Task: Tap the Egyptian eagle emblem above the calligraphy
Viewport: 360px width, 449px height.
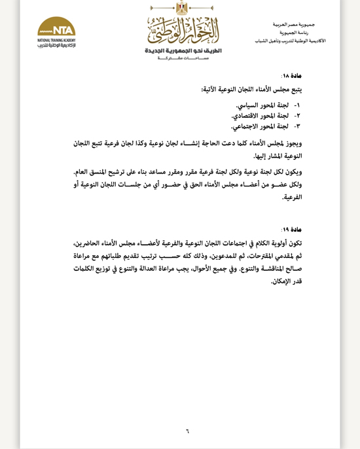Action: pyautogui.click(x=183, y=9)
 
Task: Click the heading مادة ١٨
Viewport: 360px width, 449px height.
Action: pyautogui.click(x=292, y=76)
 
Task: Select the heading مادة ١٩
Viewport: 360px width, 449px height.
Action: pyautogui.click(x=292, y=229)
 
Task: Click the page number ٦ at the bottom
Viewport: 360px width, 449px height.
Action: pyautogui.click(x=187, y=431)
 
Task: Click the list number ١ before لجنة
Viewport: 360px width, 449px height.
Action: pyautogui.click(x=297, y=105)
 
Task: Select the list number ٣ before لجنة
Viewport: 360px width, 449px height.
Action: pyautogui.click(x=297, y=126)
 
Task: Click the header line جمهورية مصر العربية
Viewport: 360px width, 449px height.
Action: pyautogui.click(x=294, y=24)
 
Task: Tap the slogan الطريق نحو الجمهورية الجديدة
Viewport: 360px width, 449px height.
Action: pyautogui.click(x=183, y=50)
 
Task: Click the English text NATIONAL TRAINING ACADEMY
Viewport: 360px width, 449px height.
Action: pyautogui.click(x=56, y=40)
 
